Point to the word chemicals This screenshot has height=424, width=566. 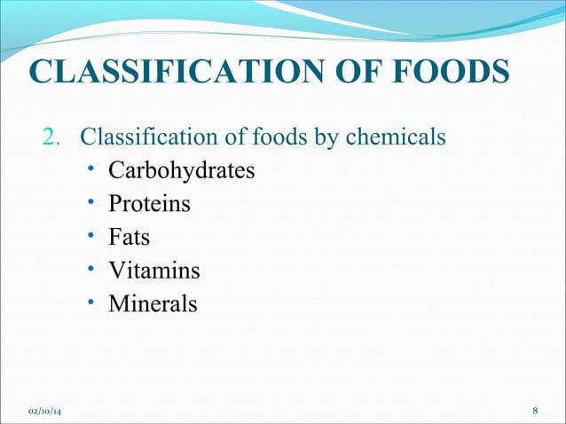(395, 138)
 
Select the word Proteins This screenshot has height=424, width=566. (149, 204)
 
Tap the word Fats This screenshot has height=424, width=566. (130, 238)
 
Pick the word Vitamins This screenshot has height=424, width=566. (154, 271)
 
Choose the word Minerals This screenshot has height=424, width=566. (153, 304)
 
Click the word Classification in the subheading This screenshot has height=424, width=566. (140, 138)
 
